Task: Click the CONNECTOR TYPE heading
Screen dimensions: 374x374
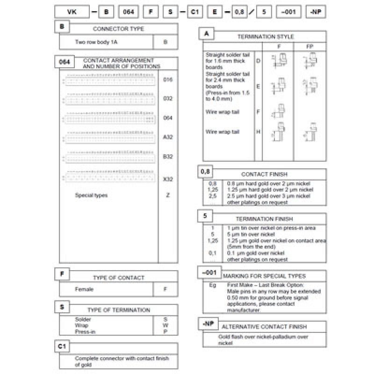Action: pyautogui.click(x=118, y=29)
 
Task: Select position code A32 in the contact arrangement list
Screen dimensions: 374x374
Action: pyautogui.click(x=168, y=137)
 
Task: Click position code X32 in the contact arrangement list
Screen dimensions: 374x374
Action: pyautogui.click(x=168, y=179)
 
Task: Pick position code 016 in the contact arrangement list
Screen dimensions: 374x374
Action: pyautogui.click(x=168, y=80)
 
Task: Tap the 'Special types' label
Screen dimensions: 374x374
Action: pyautogui.click(x=91, y=195)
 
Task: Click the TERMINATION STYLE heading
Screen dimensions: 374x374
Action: pyautogui.click(x=266, y=36)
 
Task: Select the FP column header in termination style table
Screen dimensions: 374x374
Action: pyautogui.click(x=310, y=47)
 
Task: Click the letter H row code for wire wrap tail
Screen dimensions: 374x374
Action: pyautogui.click(x=258, y=132)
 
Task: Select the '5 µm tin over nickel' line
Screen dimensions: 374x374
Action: pyautogui.click(x=251, y=234)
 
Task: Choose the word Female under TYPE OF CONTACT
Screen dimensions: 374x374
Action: pyautogui.click(x=84, y=289)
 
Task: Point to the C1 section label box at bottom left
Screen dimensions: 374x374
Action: pyautogui.click(x=62, y=346)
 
